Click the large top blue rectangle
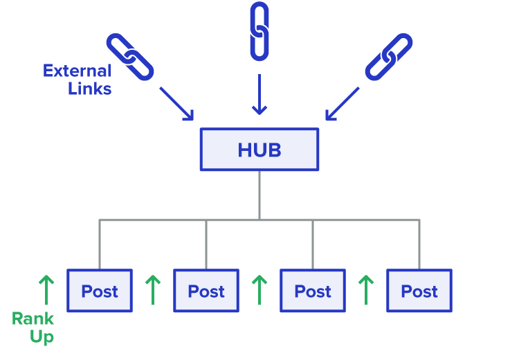[259, 149]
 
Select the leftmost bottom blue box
[100, 291]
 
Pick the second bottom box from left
[206, 291]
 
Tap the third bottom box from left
[313, 291]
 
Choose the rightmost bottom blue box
[419, 291]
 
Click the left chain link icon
[130, 57]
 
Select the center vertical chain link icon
[259, 31]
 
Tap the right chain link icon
[388, 57]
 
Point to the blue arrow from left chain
[176, 104]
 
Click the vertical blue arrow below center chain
[259, 94]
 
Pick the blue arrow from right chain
[342, 104]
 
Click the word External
[77, 71]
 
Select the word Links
[90, 89]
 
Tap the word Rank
[33, 319]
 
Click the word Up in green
[42, 336]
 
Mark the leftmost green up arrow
[46, 290]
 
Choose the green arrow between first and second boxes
[152, 290]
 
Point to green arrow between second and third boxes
[259, 290]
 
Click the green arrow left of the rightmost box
[365, 290]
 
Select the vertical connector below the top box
[259, 195]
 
